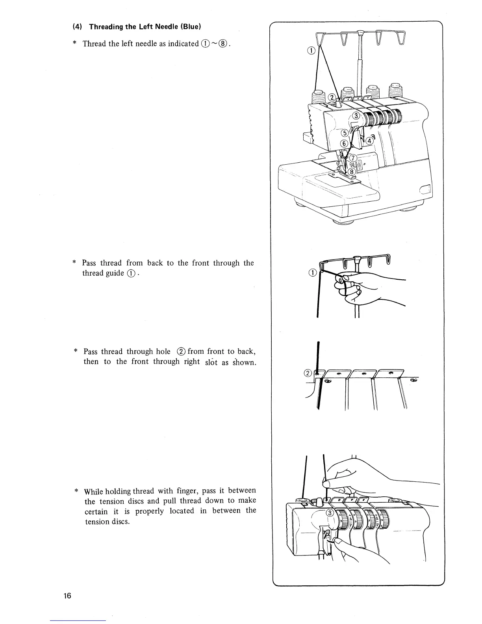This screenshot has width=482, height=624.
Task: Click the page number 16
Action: coord(68,596)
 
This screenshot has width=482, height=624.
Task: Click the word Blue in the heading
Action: coord(191,27)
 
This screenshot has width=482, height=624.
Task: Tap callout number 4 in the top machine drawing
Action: coord(370,141)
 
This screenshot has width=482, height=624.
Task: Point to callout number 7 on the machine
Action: coord(353,158)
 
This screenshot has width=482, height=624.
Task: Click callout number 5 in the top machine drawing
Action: coord(344,132)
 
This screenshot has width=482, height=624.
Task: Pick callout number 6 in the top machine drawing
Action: coord(344,144)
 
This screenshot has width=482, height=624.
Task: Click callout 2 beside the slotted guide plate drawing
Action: coord(309,373)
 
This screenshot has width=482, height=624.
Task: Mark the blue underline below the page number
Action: coord(78,621)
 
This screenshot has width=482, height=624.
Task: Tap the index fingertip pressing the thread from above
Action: coord(327,483)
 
